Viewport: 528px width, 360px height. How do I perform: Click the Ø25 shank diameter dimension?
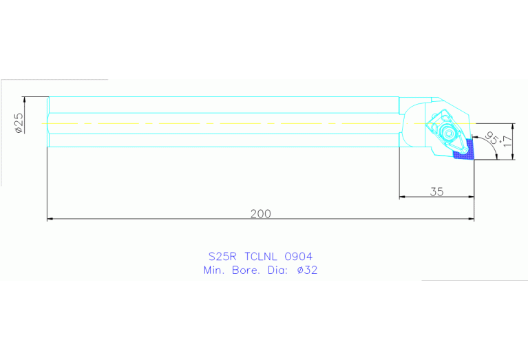click(x=19, y=122)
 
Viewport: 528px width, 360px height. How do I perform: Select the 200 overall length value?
click(x=260, y=213)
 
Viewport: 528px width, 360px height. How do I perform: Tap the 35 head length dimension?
click(x=436, y=191)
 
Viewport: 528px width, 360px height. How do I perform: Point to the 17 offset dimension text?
click(x=507, y=142)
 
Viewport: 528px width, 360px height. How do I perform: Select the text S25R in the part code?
click(x=222, y=256)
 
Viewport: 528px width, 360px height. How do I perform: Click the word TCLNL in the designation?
click(x=264, y=256)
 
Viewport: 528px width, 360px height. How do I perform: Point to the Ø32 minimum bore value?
click(x=308, y=271)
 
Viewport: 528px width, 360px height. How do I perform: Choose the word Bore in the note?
click(x=246, y=271)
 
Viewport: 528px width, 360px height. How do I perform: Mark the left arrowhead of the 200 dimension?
click(x=50, y=219)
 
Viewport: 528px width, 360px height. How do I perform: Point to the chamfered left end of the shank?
click(x=49, y=122)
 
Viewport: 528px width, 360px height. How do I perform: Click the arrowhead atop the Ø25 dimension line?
click(x=24, y=98)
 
